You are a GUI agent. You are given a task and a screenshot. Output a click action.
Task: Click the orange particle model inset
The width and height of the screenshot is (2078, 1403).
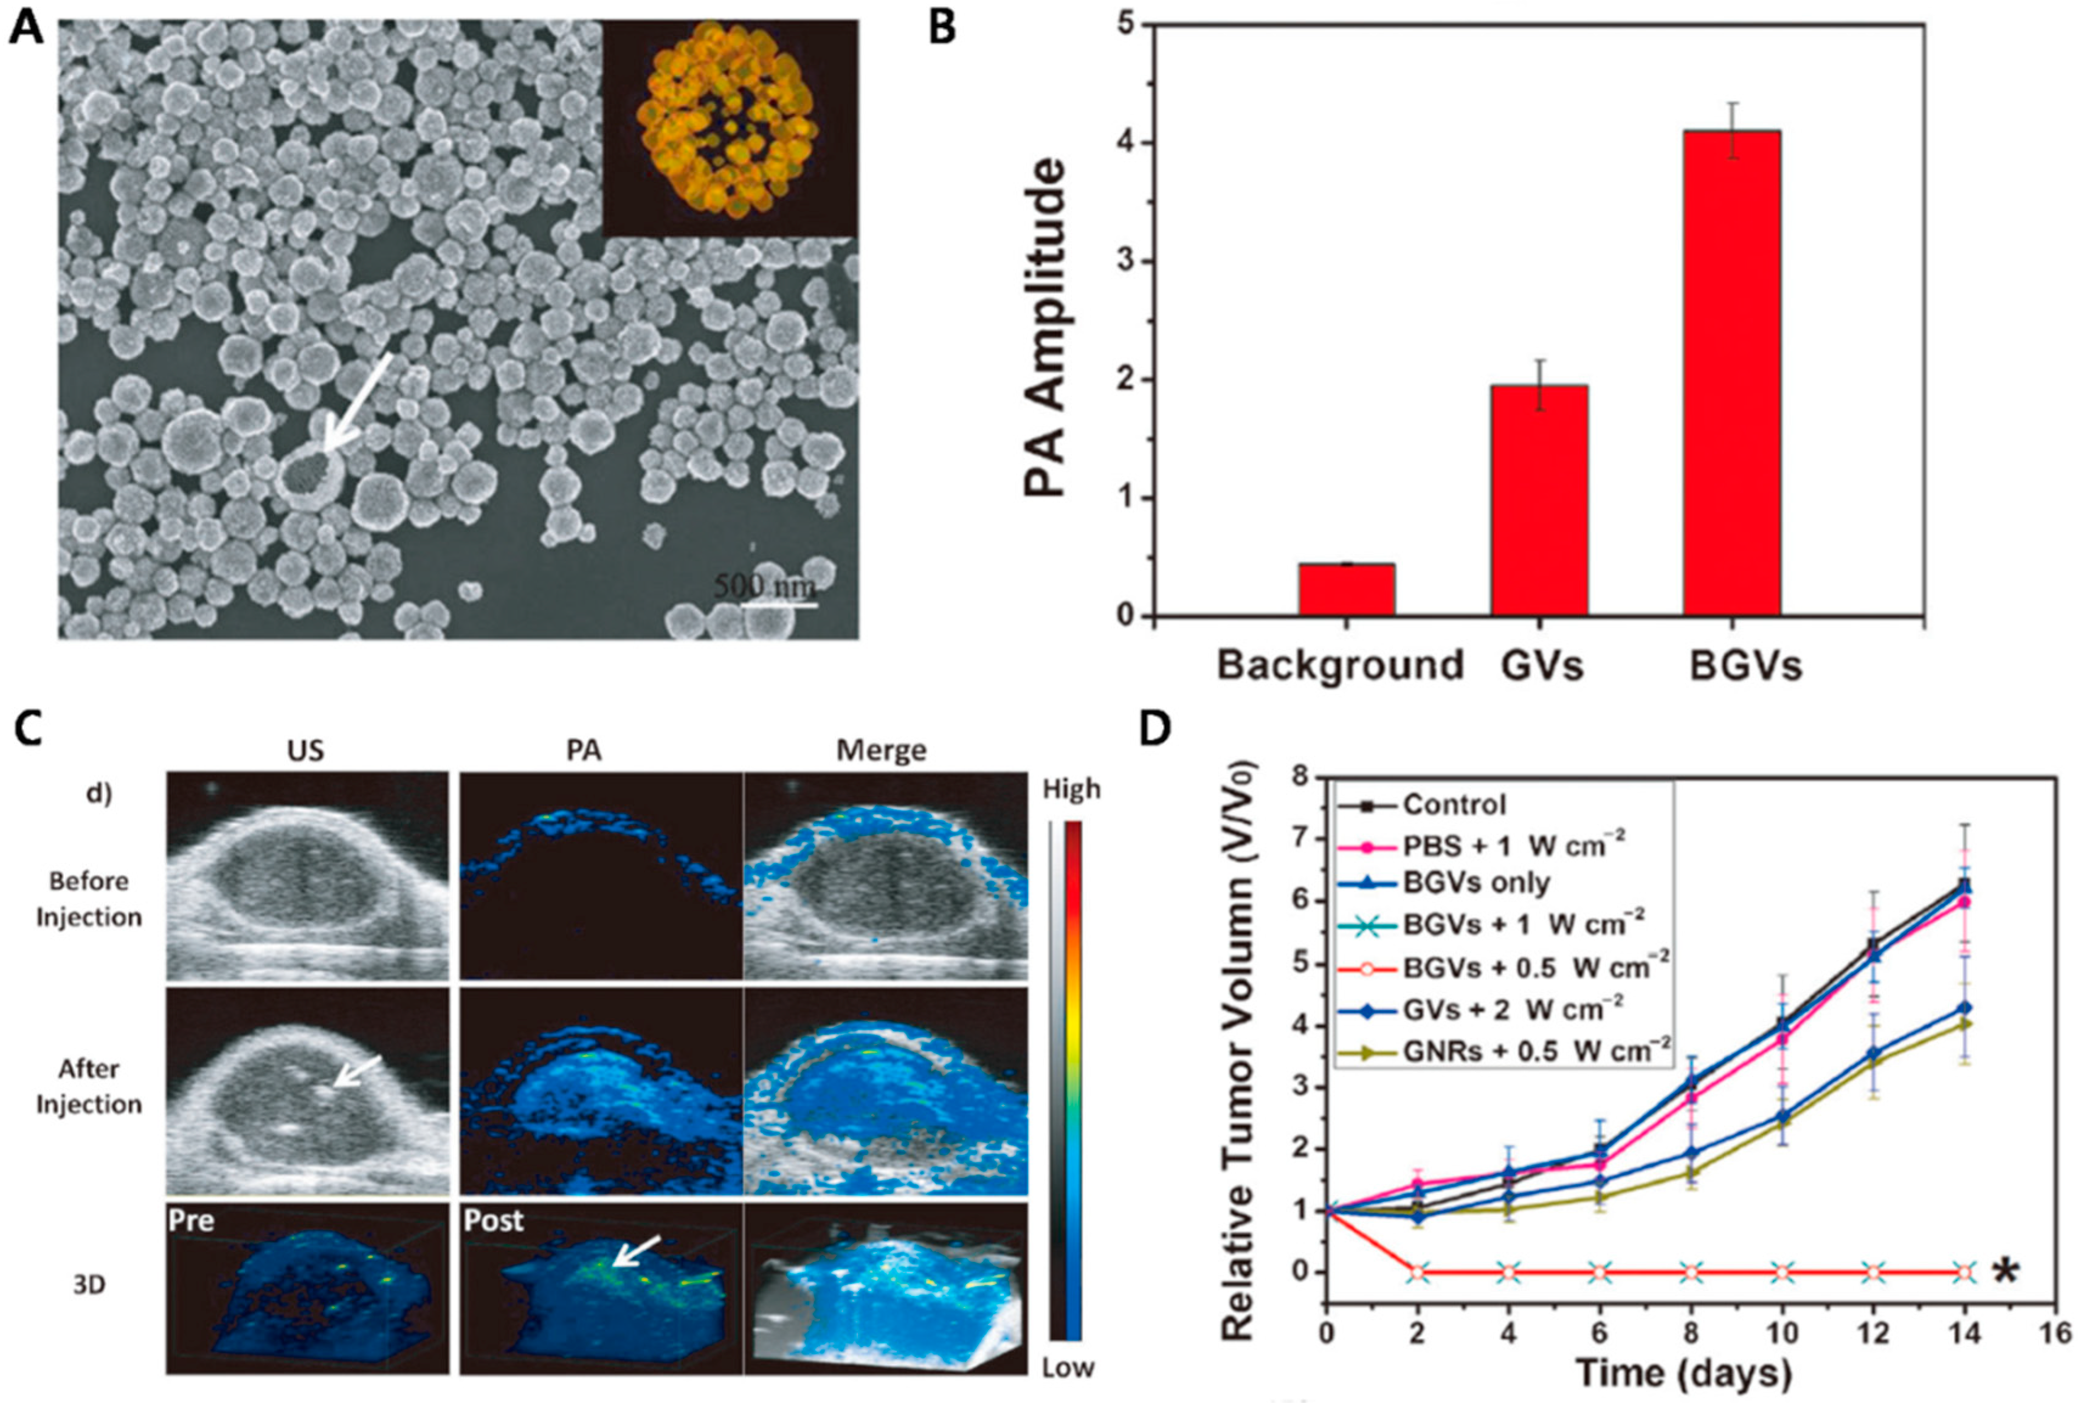point(731,128)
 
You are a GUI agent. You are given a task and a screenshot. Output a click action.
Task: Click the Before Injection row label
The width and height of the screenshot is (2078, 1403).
point(89,898)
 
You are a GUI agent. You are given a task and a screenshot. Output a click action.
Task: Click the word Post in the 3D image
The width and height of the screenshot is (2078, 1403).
point(494,1221)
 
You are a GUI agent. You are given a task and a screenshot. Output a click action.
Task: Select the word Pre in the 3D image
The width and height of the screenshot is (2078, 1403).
point(192,1221)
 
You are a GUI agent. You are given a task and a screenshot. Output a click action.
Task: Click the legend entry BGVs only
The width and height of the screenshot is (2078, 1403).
point(1476,883)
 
